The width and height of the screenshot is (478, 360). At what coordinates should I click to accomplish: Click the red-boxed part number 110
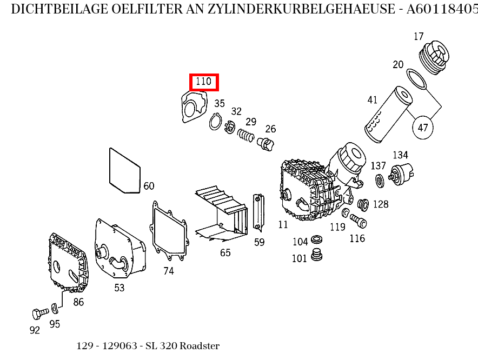coord(203,82)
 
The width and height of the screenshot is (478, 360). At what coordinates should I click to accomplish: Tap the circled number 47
coord(423,128)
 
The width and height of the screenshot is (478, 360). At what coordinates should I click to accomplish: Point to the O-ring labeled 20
coord(416,78)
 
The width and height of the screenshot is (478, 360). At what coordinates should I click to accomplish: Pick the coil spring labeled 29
coord(246,135)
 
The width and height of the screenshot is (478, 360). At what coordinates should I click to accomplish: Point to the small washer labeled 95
coord(55,308)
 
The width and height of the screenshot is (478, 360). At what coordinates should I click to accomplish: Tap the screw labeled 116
coord(358,221)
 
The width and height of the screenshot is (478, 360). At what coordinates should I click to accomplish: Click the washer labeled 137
coord(380,181)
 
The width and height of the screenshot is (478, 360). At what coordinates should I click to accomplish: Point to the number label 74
coord(169,271)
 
